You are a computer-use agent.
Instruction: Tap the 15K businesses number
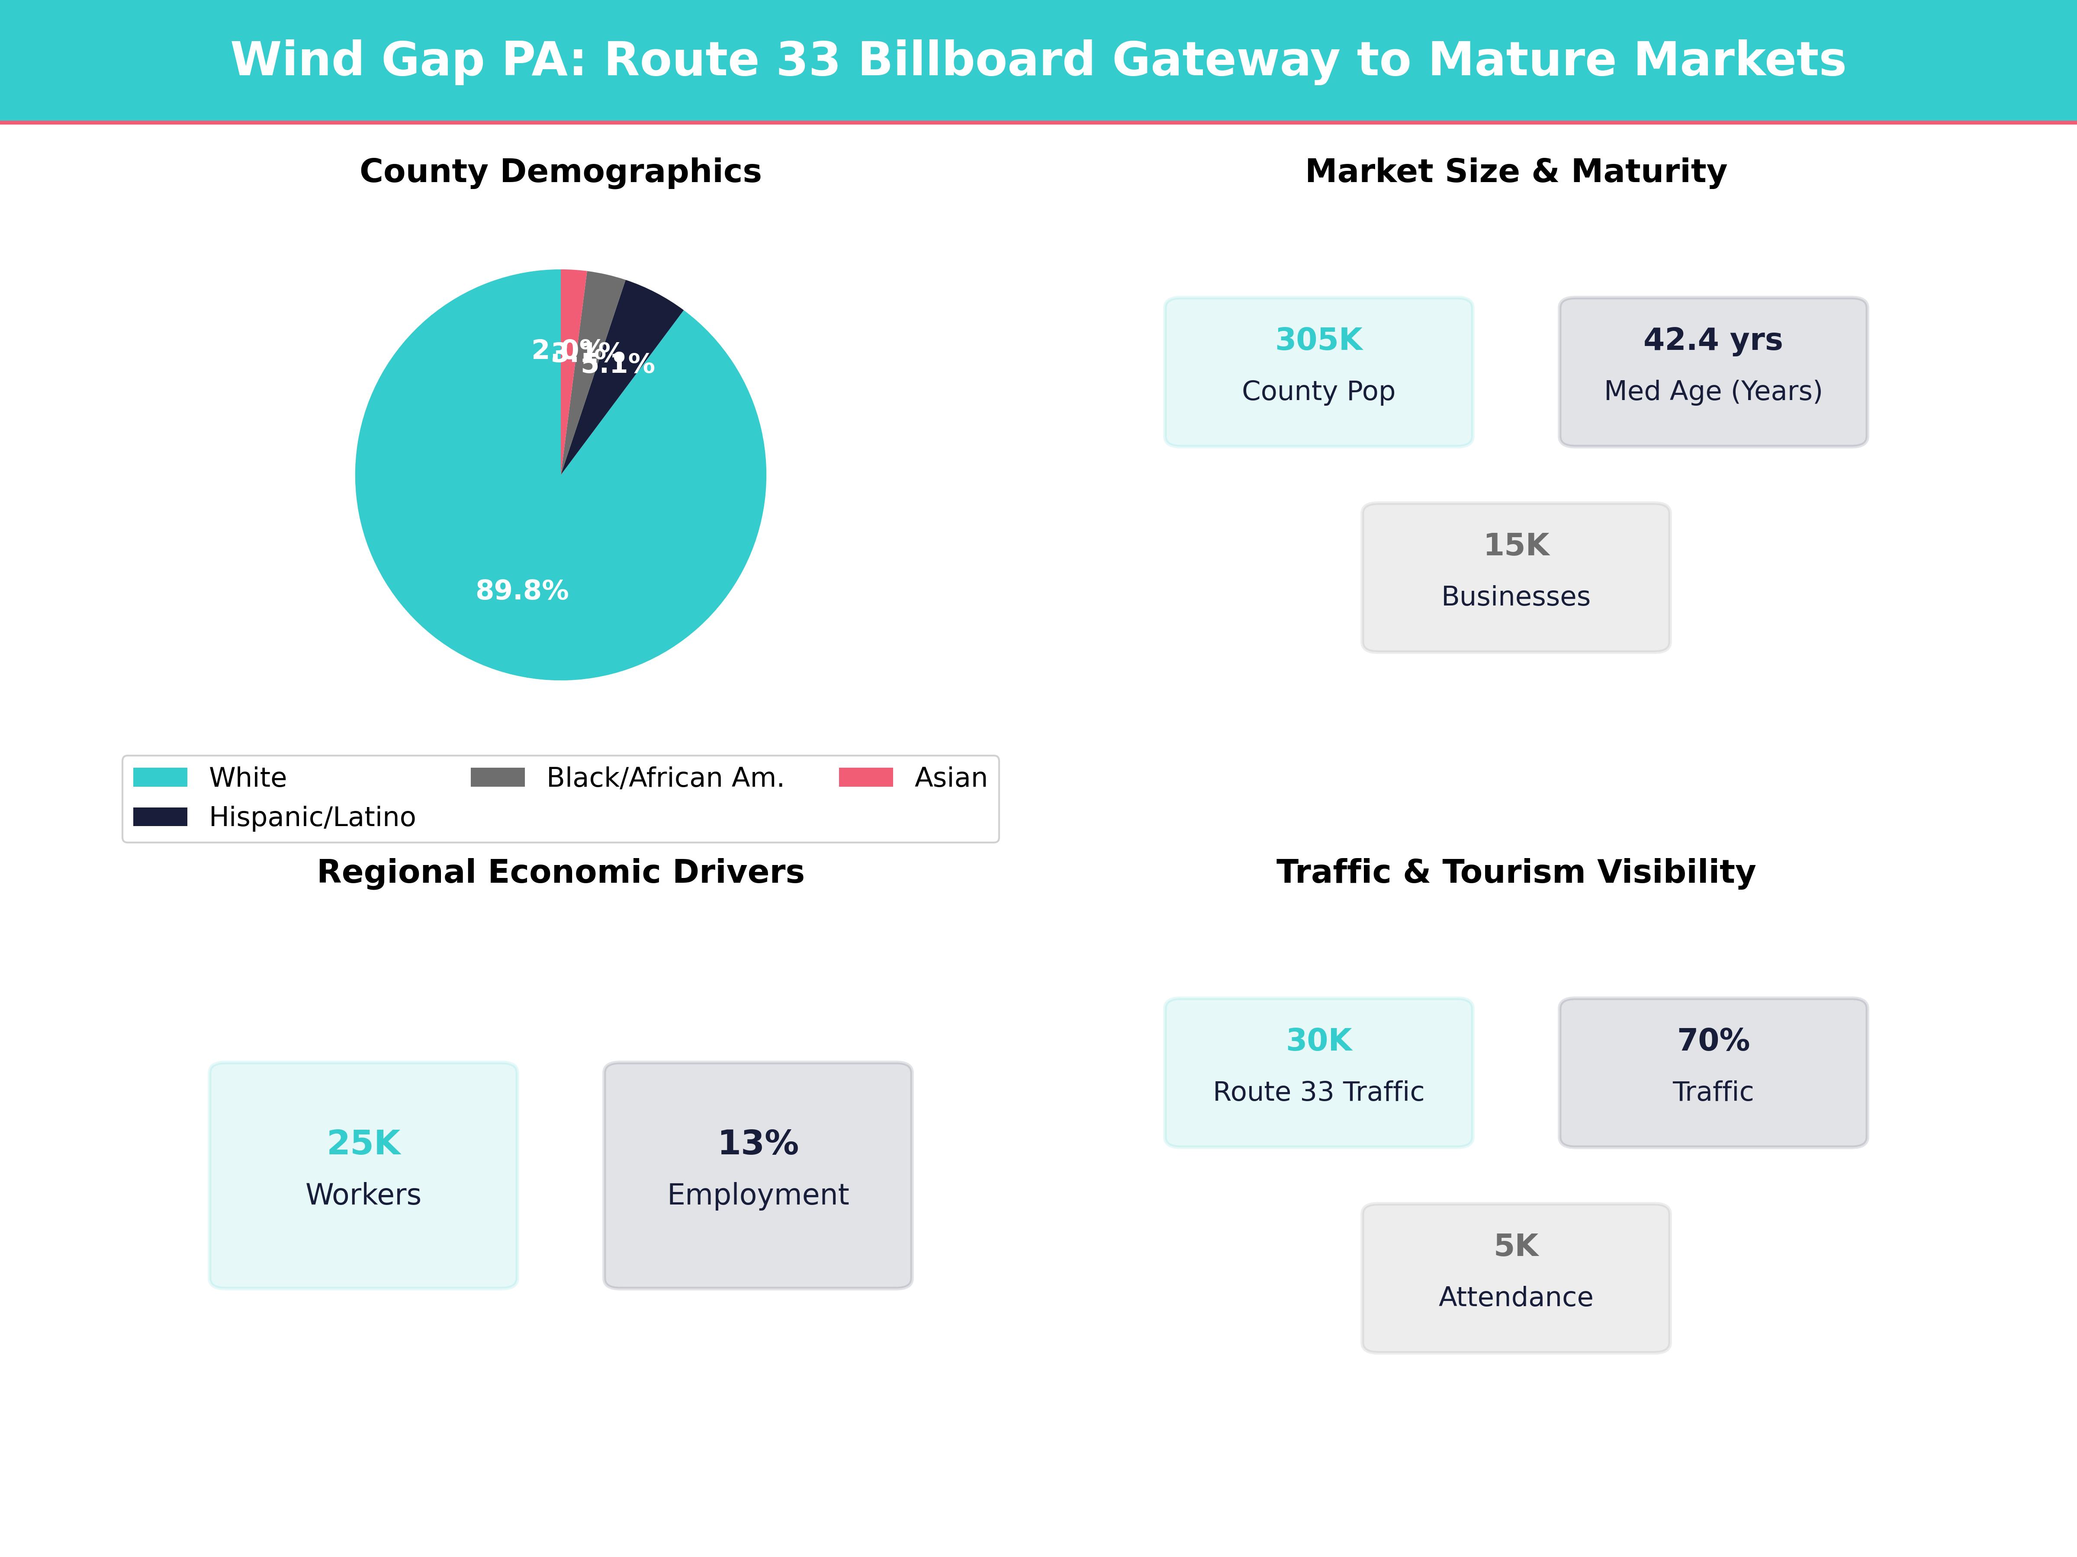click(x=1515, y=545)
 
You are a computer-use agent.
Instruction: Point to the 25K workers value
click(x=363, y=1143)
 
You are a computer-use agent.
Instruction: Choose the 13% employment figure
click(x=758, y=1143)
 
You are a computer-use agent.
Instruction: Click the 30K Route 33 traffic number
click(x=1318, y=1041)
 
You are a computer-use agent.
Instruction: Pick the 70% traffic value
click(x=1713, y=1041)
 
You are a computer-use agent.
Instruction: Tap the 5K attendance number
click(x=1515, y=1246)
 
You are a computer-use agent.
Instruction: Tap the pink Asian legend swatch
click(x=865, y=777)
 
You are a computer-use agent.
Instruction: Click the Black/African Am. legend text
click(x=665, y=778)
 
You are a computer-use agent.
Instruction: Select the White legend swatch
click(x=160, y=777)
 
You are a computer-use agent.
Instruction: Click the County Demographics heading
click(x=560, y=172)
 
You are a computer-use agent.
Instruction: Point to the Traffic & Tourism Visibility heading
click(x=1515, y=872)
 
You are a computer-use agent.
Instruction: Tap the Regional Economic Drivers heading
click(x=560, y=872)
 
